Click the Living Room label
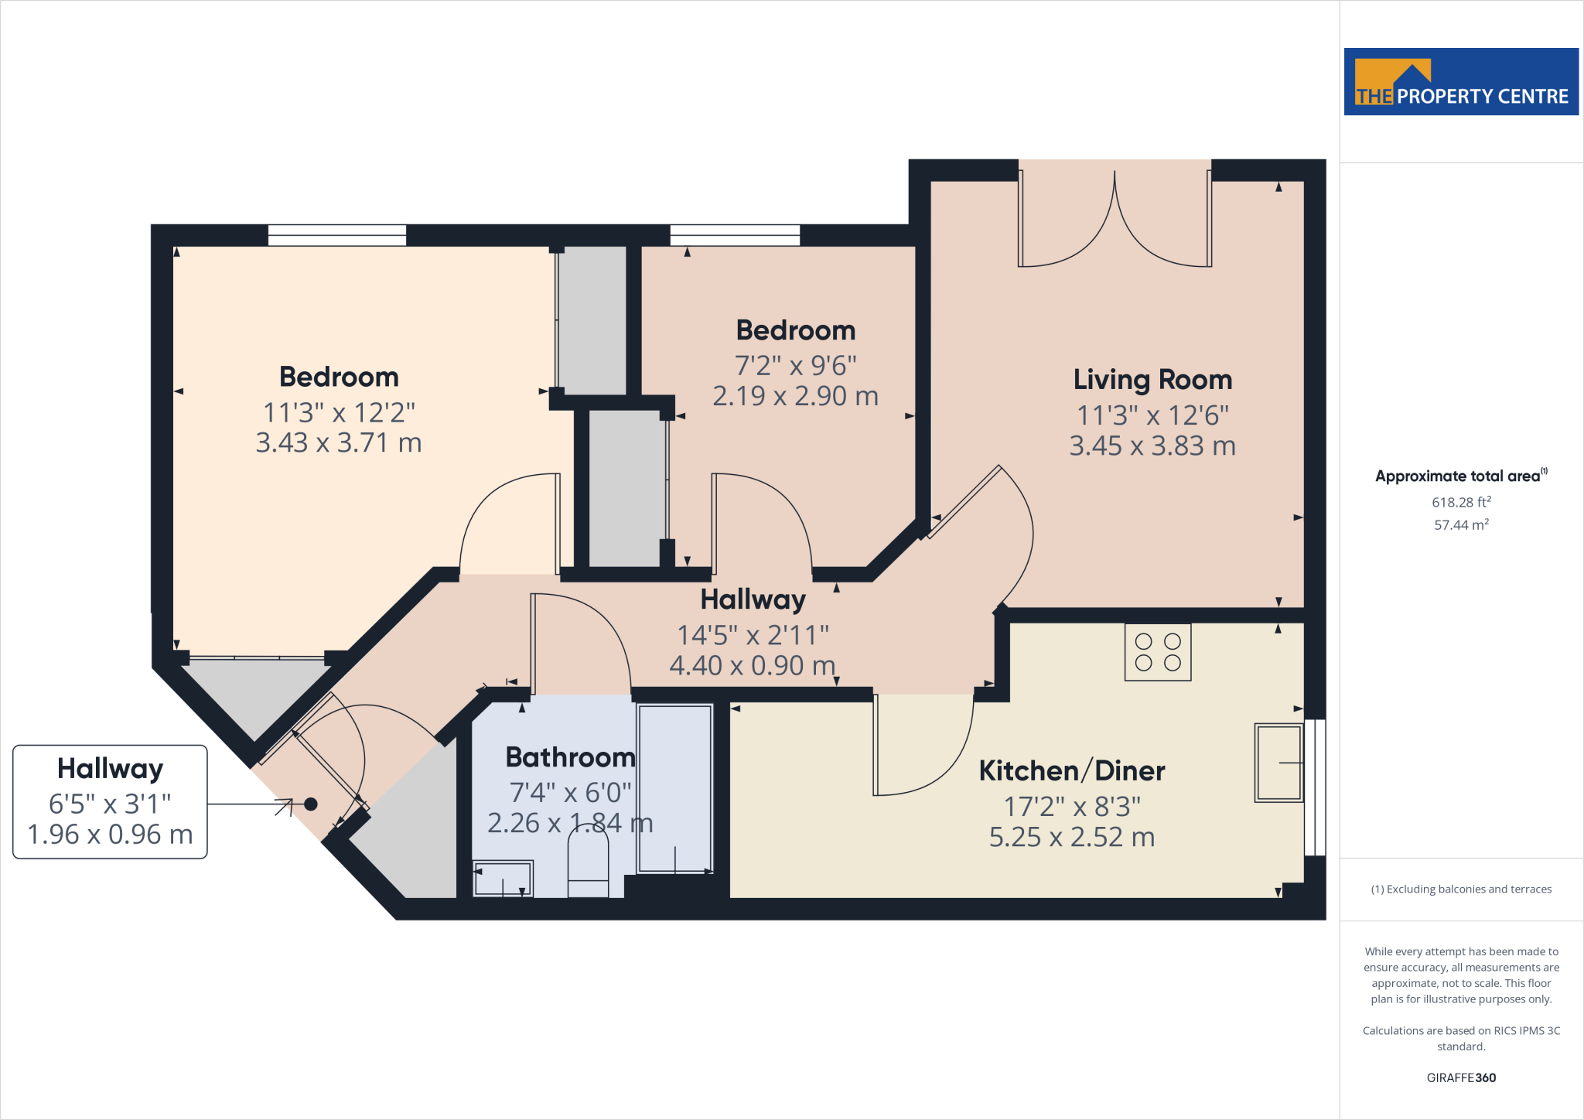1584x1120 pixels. [1152, 380]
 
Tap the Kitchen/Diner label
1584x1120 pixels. [1072, 770]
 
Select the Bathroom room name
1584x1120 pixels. [570, 757]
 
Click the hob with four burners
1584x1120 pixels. [1158, 652]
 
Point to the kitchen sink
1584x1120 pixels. [1278, 763]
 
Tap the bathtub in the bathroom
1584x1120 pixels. [674, 788]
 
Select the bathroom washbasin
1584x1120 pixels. [503, 879]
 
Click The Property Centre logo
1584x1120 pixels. [1461, 82]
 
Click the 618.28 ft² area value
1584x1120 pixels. [1461, 502]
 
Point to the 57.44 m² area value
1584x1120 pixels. [1461, 524]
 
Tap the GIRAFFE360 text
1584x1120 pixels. [1461, 1077]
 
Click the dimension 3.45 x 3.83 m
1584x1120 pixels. [1152, 446]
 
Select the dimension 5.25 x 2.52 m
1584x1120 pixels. [1072, 837]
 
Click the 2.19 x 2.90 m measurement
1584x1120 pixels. [795, 396]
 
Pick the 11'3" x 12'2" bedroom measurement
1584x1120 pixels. [339, 412]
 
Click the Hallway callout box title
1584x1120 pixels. [110, 769]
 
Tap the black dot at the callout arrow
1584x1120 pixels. [311, 804]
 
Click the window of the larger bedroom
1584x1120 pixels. [336, 235]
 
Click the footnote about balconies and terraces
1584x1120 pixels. [1461, 890]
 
